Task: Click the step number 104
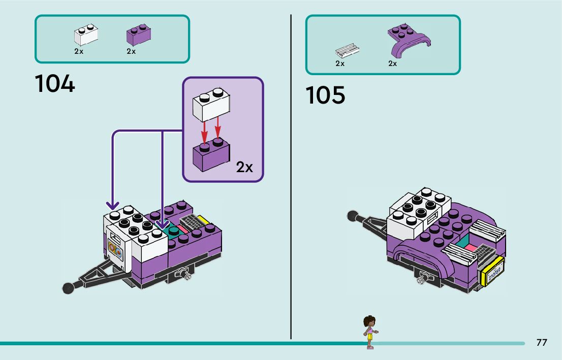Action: click(x=55, y=84)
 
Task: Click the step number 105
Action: click(x=325, y=95)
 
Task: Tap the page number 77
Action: click(x=542, y=343)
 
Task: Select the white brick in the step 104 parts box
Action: click(x=86, y=35)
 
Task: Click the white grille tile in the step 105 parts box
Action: click(x=348, y=50)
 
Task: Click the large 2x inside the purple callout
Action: click(x=244, y=167)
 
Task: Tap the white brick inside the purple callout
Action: click(x=211, y=105)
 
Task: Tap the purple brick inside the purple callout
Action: click(x=211, y=155)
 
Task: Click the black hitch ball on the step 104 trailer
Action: click(x=68, y=288)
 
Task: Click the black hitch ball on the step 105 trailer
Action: click(x=352, y=216)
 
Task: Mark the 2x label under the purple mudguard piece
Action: click(x=392, y=63)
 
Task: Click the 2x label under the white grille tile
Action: click(x=340, y=63)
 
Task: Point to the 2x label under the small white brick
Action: click(x=79, y=51)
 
